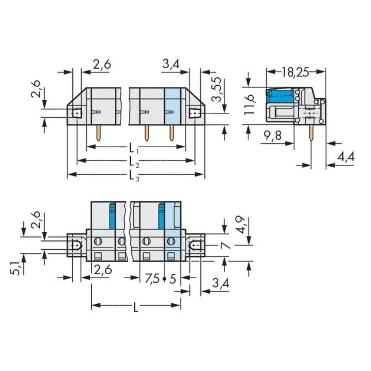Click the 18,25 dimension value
pyautogui.click(x=295, y=72)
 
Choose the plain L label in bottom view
pyautogui.click(x=136, y=307)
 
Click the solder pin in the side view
pyautogui.click(x=311, y=133)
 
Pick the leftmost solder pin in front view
pyautogui.click(x=98, y=132)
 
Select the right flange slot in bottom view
pyautogui.click(x=195, y=245)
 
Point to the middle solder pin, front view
pyautogui.click(x=147, y=132)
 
